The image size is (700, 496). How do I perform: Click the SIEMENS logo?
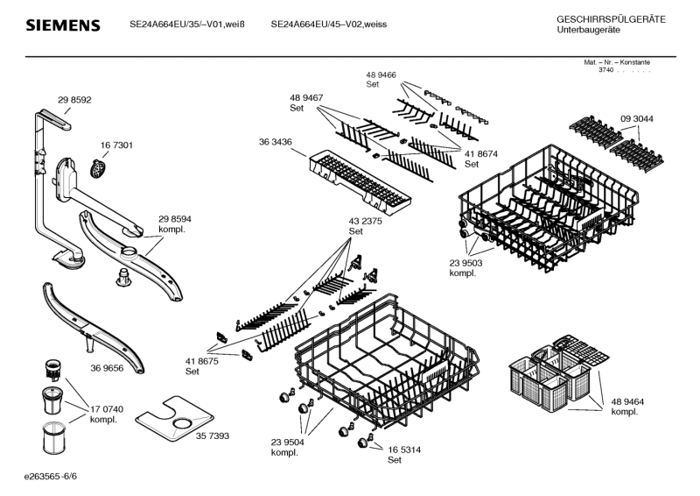pyautogui.click(x=62, y=25)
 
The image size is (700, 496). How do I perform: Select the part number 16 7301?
pyautogui.click(x=116, y=145)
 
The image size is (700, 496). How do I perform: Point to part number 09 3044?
pyautogui.click(x=637, y=118)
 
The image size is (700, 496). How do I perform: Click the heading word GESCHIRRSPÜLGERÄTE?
pyautogui.click(x=610, y=19)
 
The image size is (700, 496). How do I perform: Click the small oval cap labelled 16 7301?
pyautogui.click(x=101, y=166)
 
